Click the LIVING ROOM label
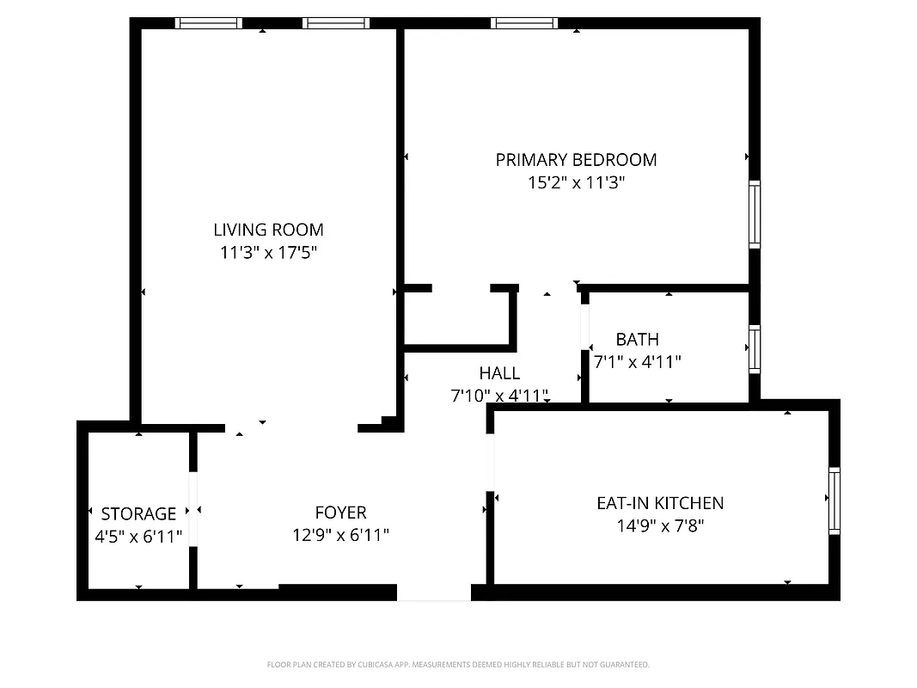tap(268, 230)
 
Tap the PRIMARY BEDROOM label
tap(576, 160)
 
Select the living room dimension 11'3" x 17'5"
tap(268, 253)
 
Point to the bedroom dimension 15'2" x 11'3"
tap(576, 182)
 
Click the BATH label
tap(637, 340)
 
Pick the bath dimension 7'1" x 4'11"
tap(637, 362)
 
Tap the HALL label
tap(499, 373)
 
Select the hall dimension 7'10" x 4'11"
tap(499, 396)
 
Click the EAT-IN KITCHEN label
tap(660, 503)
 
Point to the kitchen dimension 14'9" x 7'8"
tap(660, 525)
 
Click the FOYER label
tap(340, 513)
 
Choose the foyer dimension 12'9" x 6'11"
tap(340, 535)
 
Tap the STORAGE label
tap(138, 513)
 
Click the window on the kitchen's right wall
tap(834, 501)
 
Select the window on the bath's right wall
tap(755, 348)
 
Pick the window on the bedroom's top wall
tap(524, 23)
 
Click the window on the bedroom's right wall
tap(755, 214)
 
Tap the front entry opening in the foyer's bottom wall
tap(434, 593)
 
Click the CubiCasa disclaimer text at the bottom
tap(458, 665)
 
